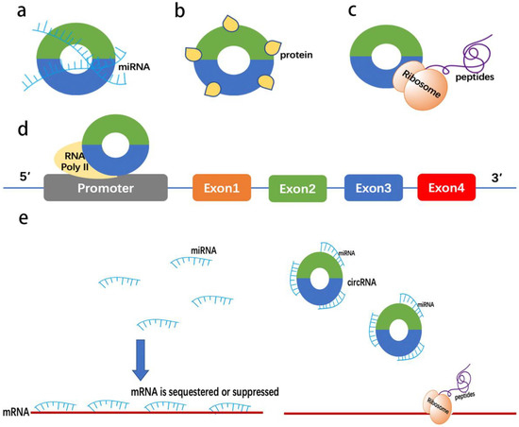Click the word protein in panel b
click(x=293, y=56)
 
